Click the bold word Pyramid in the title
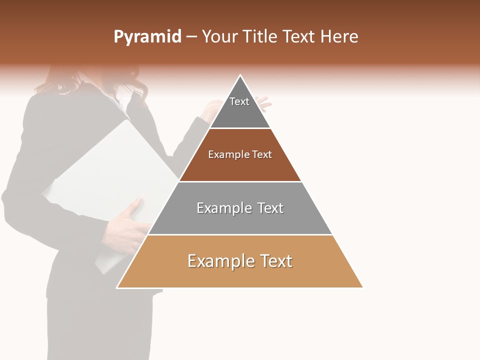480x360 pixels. pos(147,37)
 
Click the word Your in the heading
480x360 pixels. pos(220,37)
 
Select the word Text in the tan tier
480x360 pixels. pos(275,261)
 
